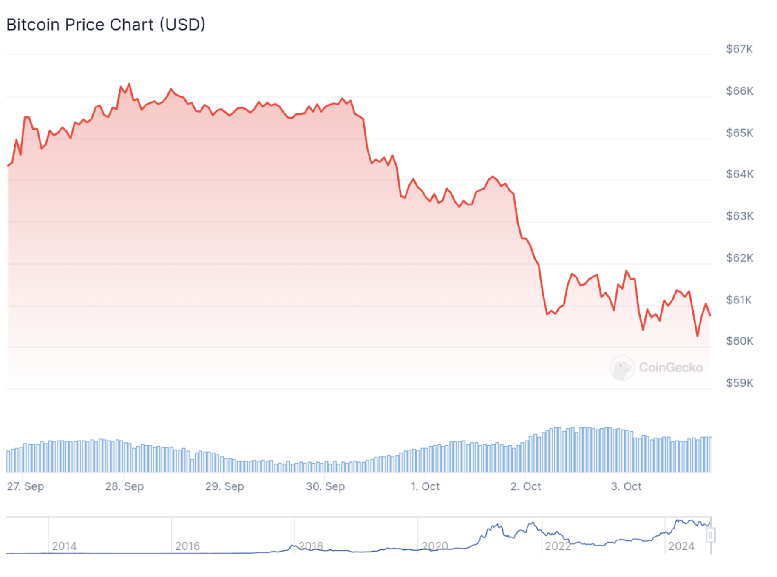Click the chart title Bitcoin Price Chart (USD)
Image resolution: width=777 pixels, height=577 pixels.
[x=106, y=25]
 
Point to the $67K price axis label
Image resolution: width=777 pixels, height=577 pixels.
[x=739, y=49]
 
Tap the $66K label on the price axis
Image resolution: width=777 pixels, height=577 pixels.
[x=740, y=91]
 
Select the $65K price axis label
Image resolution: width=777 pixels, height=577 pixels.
[x=740, y=133]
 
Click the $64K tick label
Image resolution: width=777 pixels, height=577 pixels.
[x=740, y=174]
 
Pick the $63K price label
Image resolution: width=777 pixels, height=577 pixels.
[x=740, y=216]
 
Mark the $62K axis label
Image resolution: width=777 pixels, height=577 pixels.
[x=740, y=258]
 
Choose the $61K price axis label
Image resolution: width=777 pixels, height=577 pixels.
[x=739, y=300]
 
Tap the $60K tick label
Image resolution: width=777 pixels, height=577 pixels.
[x=740, y=341]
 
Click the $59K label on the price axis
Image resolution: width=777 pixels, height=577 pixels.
[x=740, y=383]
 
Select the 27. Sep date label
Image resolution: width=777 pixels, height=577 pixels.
[x=26, y=486]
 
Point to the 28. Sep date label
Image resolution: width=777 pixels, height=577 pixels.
[x=125, y=486]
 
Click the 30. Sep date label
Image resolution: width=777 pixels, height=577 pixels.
[x=325, y=486]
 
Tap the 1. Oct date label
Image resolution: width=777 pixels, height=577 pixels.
[x=425, y=486]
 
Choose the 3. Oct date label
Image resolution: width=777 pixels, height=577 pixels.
[x=626, y=486]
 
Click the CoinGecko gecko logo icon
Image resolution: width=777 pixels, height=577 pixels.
[x=622, y=368]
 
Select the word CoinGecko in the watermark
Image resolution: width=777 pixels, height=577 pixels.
[x=671, y=368]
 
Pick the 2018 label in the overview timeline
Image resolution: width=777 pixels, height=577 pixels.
[x=311, y=546]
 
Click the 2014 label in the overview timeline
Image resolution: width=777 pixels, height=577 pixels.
[x=64, y=546]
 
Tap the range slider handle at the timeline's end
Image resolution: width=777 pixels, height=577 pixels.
[x=711, y=535]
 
